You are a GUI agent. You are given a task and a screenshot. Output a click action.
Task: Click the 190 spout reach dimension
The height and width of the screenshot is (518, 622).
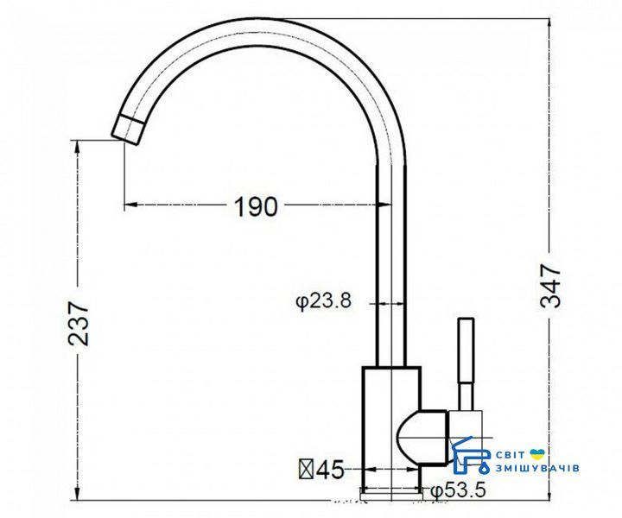pos(257,206)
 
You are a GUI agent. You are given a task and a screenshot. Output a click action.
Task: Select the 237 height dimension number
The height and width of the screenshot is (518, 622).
pos(79,324)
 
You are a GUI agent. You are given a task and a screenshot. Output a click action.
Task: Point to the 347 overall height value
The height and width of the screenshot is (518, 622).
pos(550,286)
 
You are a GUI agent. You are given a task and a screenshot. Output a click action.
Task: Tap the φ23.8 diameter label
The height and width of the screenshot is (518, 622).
pos(324,301)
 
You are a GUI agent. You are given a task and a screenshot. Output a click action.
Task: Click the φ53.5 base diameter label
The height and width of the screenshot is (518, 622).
pos(458,491)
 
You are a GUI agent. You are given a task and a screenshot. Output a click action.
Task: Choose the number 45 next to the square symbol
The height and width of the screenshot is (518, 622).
pos(331,470)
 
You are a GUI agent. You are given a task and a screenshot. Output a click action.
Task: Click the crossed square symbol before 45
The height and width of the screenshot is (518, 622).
pos(307,470)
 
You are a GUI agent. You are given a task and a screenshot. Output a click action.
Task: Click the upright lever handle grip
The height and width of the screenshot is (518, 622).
pos(466,350)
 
